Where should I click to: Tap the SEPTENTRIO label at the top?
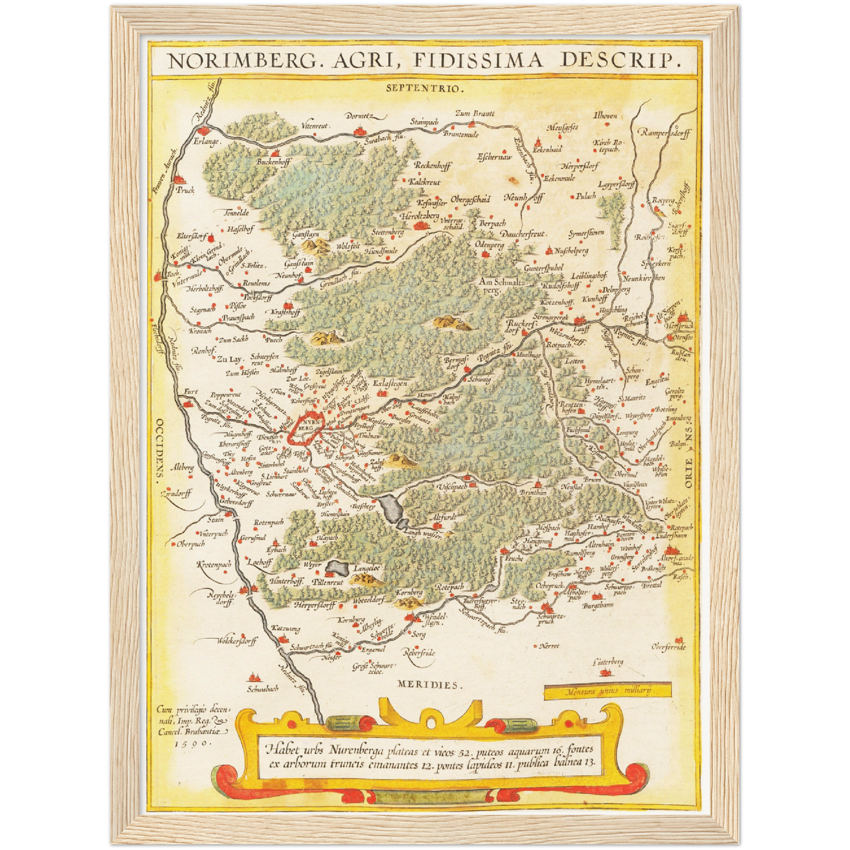click(x=425, y=89)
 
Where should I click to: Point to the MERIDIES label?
click(x=429, y=685)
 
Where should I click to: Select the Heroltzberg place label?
click(x=419, y=216)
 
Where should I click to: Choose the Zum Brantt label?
click(x=475, y=114)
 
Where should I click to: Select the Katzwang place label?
click(x=285, y=629)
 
